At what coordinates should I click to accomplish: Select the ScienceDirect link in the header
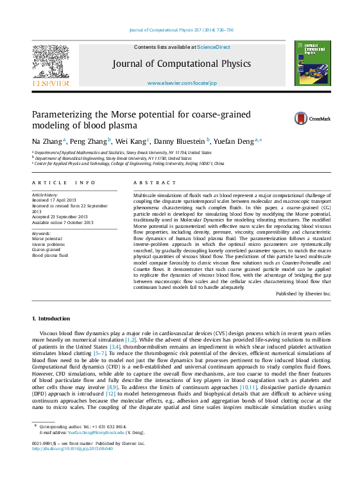[214, 48]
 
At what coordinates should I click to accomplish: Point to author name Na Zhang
[47, 141]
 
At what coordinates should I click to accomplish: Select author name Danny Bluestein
[182, 141]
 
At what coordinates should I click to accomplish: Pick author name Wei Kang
[132, 141]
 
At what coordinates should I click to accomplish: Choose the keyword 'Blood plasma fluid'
[50, 255]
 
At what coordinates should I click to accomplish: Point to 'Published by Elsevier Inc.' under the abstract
[304, 293]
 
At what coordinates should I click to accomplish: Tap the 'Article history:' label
[45, 195]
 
